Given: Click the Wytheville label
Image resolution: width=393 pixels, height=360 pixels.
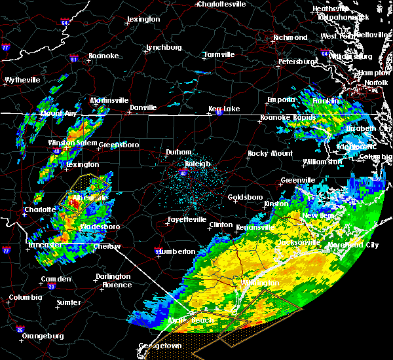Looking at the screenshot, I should point(22,81).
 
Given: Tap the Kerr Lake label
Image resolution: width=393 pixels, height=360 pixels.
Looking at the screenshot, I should point(225,109).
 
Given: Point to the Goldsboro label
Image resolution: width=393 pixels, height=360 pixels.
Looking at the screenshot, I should point(244,197).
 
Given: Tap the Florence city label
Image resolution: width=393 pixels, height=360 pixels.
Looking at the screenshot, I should point(118,285).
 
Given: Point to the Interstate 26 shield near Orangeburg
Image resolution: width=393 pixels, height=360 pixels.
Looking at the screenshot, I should point(21,329).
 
